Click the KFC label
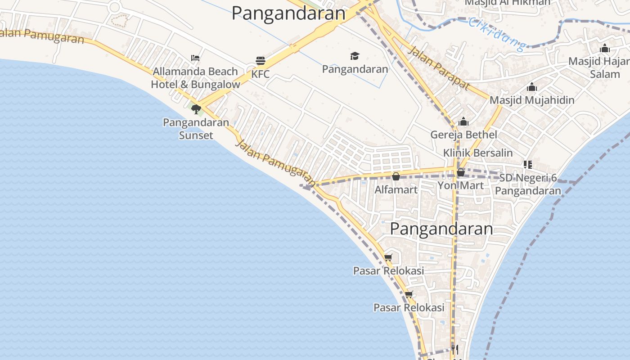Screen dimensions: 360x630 [x=261, y=74]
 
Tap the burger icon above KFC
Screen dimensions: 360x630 [x=261, y=60]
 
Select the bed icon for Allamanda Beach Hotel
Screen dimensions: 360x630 [x=195, y=58]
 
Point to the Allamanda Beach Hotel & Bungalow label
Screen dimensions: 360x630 [x=195, y=78]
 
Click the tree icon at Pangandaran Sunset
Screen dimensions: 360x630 [x=196, y=109]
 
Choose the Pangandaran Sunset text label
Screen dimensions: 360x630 [x=196, y=128]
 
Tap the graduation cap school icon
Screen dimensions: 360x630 [x=355, y=56]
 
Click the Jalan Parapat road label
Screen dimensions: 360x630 [x=439, y=67]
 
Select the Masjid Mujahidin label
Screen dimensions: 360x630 [x=532, y=100]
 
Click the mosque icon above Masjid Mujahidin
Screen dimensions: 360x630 [x=532, y=87]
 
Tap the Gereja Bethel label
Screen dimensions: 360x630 [x=463, y=135]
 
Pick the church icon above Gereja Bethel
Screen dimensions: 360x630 [x=463, y=121]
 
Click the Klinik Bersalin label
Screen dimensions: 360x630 [x=478, y=153]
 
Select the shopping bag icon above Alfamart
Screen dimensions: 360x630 [x=396, y=176]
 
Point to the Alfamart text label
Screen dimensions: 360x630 [x=396, y=189]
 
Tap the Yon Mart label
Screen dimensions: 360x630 [x=461, y=185]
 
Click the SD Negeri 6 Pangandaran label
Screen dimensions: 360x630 [x=528, y=184]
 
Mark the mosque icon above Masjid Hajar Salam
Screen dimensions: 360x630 [x=605, y=49]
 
